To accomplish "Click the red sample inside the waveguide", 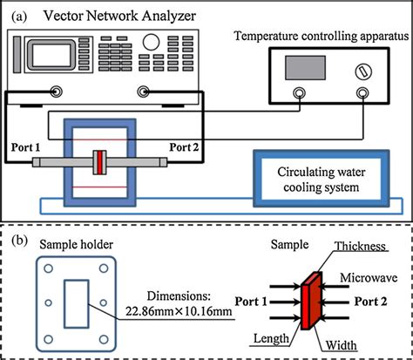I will (x=101, y=163).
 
